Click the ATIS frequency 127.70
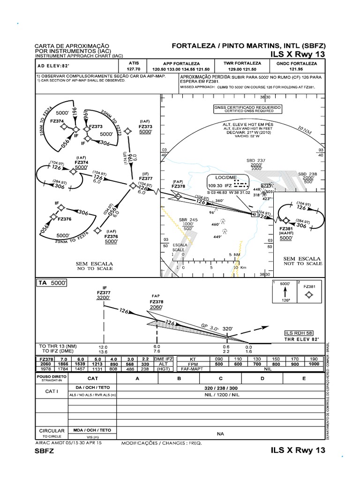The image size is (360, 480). click(x=134, y=68)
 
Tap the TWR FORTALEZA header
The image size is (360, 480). click(x=243, y=63)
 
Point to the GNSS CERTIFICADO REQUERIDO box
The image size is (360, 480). click(x=247, y=109)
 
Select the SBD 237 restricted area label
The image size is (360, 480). click(x=256, y=160)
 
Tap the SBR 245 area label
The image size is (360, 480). click(x=188, y=219)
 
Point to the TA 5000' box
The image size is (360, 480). click(x=52, y=283)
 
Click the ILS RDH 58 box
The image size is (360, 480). click(x=300, y=332)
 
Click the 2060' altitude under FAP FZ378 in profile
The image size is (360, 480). click(x=156, y=307)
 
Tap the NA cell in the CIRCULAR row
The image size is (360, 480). click(x=221, y=434)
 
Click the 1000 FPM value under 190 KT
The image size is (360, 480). click(x=314, y=364)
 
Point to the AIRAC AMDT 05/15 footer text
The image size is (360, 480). click(x=68, y=442)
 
